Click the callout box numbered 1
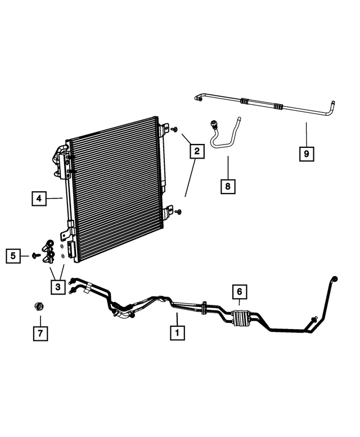coord(177,332)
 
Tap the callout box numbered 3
coord(57,287)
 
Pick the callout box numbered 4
coord(39,198)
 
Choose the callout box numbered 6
coord(239,292)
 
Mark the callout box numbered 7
coord(39,332)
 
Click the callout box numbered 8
coord(228,186)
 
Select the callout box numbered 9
coord(307,152)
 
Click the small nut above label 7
coord(38,307)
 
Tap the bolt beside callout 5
coord(35,256)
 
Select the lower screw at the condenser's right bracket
coord(178,211)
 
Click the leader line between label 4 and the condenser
coord(55,198)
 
